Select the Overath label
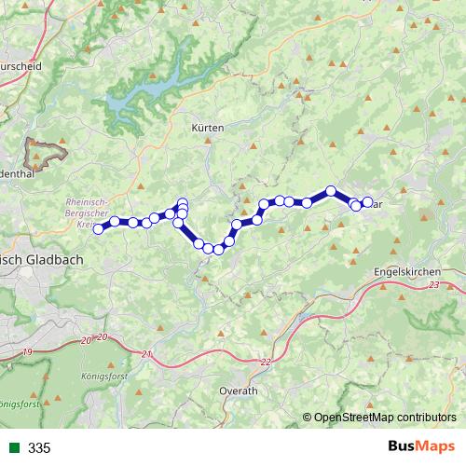(x=239, y=391)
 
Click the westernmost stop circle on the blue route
(x=98, y=228)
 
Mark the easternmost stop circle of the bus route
(x=367, y=202)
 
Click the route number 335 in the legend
(x=39, y=448)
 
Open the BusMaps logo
(x=425, y=447)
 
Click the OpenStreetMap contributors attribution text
(x=385, y=417)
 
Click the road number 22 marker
(x=266, y=362)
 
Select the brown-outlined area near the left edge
(x=47, y=150)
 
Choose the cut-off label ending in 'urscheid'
(x=21, y=67)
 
